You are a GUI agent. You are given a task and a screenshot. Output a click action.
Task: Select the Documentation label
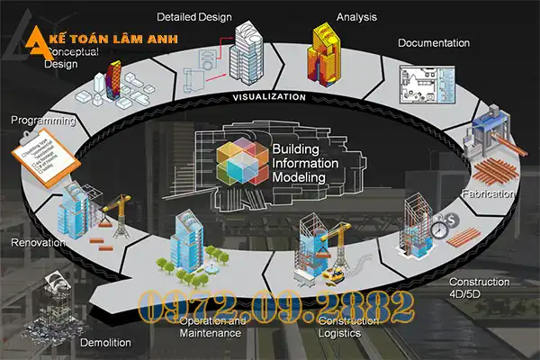[x=434, y=42]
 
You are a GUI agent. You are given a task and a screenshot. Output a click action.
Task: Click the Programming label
[x=41, y=119]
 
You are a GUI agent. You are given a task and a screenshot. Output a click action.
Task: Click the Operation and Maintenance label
[x=211, y=327]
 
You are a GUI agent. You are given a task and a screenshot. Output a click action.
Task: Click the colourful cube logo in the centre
[x=242, y=164]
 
